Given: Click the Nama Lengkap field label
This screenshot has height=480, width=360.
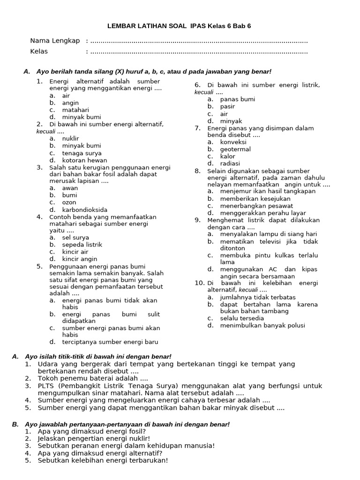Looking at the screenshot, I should (x=55, y=40).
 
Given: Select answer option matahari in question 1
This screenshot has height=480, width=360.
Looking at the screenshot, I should (x=75, y=110).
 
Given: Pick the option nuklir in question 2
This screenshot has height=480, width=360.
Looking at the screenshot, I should (x=70, y=138).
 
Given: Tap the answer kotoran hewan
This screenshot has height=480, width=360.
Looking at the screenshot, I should (x=82, y=160).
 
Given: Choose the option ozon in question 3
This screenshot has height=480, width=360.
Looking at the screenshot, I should (x=69, y=202).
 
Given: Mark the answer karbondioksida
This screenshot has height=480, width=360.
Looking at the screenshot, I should (x=84, y=210).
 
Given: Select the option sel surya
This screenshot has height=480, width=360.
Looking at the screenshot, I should (x=75, y=237).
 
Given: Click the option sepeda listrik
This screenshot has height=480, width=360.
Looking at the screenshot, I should (x=82, y=244).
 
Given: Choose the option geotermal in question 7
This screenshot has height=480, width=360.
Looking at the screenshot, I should (x=235, y=149).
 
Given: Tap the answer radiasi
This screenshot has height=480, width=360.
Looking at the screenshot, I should (x=230, y=163).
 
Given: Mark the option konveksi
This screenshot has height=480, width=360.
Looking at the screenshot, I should (x=233, y=142).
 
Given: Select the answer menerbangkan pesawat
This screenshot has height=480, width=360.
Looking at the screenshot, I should (x=256, y=205).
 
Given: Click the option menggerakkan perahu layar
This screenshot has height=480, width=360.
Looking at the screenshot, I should (x=263, y=213).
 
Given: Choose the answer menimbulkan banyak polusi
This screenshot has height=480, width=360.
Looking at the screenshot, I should (x=262, y=325).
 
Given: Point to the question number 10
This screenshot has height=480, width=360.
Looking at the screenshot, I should (x=200, y=283).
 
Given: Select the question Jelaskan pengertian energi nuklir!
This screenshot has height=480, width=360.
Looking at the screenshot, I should (x=94, y=439).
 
